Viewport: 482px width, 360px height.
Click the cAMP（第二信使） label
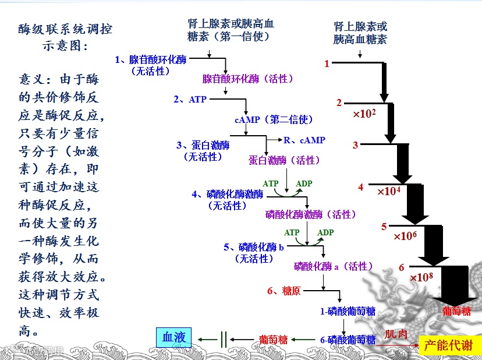(x=274, y=120)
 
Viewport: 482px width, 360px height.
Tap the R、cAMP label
(x=304, y=140)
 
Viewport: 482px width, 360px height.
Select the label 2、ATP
(x=190, y=100)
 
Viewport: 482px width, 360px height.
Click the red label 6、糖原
(x=283, y=290)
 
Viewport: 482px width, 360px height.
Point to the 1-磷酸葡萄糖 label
(x=348, y=312)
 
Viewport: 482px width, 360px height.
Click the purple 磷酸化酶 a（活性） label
(x=333, y=267)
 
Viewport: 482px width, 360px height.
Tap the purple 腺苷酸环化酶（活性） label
(x=248, y=79)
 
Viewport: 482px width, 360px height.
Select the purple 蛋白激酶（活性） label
(x=284, y=160)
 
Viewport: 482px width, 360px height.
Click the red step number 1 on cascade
(x=327, y=63)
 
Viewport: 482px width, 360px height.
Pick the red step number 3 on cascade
(x=355, y=145)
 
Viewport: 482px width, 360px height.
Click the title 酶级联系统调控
(x=65, y=29)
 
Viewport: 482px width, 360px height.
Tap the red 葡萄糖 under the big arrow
(x=456, y=311)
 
